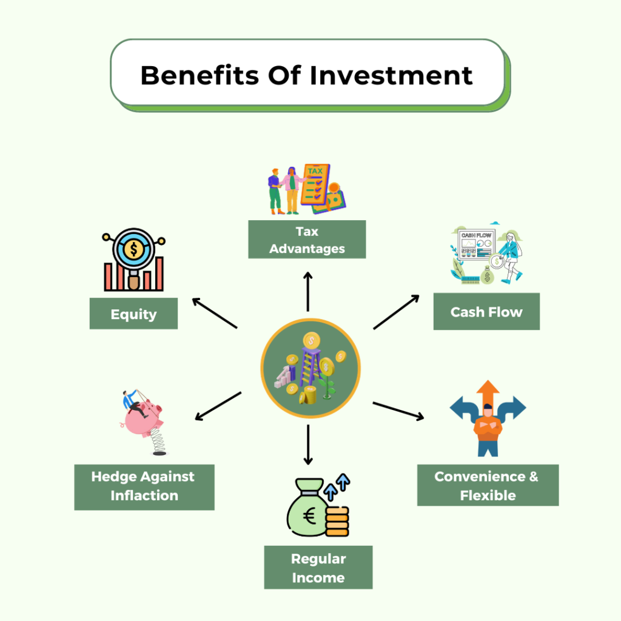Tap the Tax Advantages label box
click(307, 240)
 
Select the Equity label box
click(133, 314)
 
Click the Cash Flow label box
click(486, 312)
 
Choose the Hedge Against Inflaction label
click(144, 487)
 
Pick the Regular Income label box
click(318, 568)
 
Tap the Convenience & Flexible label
click(488, 485)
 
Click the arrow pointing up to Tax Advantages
click(307, 292)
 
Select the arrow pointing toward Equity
click(214, 313)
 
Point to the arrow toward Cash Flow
click(396, 312)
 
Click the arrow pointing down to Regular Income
click(307, 445)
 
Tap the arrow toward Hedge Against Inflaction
click(218, 406)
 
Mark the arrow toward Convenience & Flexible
click(398, 411)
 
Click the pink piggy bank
click(143, 418)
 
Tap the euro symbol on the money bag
click(309, 516)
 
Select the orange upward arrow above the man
click(488, 393)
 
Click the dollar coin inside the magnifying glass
click(133, 249)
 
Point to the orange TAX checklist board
click(315, 185)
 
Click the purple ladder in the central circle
click(311, 366)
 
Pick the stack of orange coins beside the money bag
click(337, 521)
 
